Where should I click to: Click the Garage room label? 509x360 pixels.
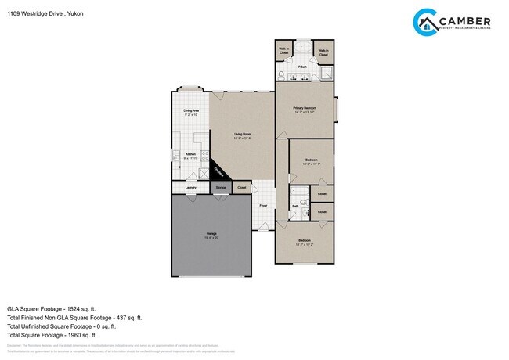click(x=211, y=234)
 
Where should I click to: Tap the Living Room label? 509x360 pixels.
click(x=243, y=135)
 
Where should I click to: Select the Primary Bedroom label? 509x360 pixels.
click(x=304, y=110)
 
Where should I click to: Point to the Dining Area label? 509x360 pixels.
click(x=190, y=113)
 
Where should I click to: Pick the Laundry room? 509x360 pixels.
click(x=190, y=188)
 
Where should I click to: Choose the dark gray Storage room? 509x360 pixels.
click(x=221, y=188)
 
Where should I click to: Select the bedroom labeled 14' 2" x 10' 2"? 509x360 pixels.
click(x=304, y=242)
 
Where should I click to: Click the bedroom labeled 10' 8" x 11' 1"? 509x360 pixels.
click(x=311, y=162)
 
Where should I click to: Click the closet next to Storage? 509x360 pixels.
click(x=242, y=188)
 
